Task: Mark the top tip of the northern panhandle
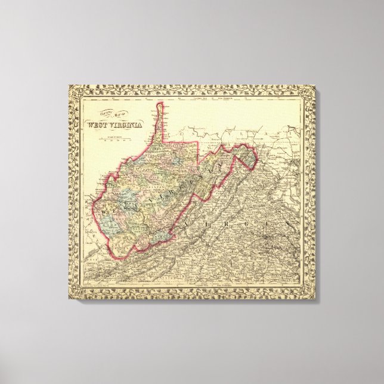(x=159, y=105)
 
